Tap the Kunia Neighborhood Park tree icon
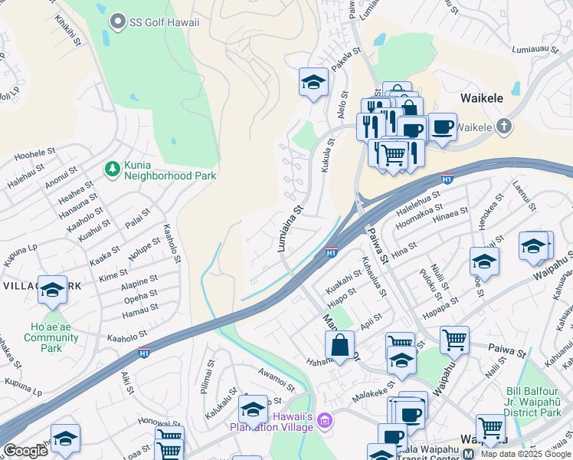[112, 166]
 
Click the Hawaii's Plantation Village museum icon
[326, 420]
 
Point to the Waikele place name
[481, 98]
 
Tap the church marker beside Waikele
[503, 126]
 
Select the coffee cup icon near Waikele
[442, 127]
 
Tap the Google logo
[25, 451]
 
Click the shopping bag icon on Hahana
[339, 345]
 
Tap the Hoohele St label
[31, 155]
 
